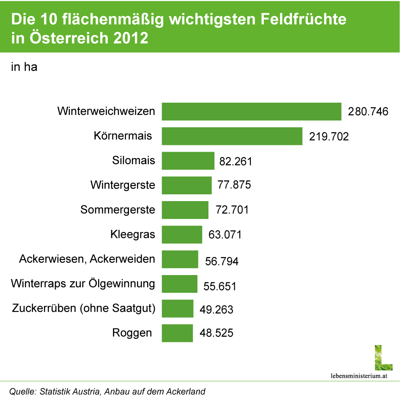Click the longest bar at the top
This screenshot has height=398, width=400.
pyautogui.click(x=251, y=112)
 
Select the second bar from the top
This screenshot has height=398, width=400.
pyautogui.click(x=232, y=136)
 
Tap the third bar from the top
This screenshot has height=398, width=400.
pyautogui.click(x=188, y=161)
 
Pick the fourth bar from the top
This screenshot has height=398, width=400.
pyautogui.click(x=186, y=185)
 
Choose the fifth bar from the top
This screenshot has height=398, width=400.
pyautogui.click(x=185, y=210)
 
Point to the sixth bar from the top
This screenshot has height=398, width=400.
pyautogui.click(x=182, y=234)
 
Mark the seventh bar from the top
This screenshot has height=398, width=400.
pyautogui.click(x=180, y=259)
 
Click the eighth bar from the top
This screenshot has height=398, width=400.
pyautogui.click(x=179, y=284)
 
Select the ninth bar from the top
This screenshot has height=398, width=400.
pyautogui.click(x=177, y=308)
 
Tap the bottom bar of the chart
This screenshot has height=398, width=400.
pyautogui.click(x=177, y=333)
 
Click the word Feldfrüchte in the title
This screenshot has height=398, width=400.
pyautogui.click(x=301, y=20)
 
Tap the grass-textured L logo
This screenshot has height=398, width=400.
pyautogui.click(x=383, y=357)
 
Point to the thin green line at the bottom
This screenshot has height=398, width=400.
pyautogui.click(x=200, y=381)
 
